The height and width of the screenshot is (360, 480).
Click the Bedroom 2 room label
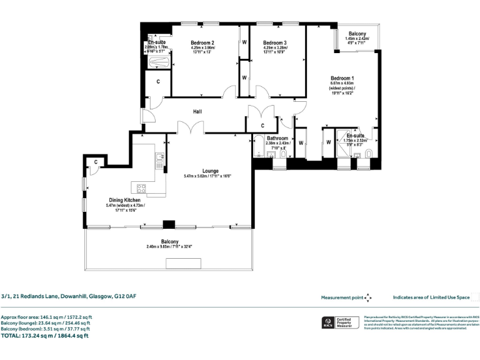click(x=203, y=42)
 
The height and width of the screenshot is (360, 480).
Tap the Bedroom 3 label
click(x=275, y=42)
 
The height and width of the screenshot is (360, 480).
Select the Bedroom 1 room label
click(x=342, y=77)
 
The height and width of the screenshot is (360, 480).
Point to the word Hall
click(x=197, y=112)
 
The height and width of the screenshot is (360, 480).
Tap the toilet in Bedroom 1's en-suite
click(x=369, y=154)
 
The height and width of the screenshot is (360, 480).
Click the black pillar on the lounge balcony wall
click(x=167, y=225)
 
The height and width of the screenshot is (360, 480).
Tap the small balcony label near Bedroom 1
click(x=357, y=34)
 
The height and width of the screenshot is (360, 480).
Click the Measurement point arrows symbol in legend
click(x=368, y=298)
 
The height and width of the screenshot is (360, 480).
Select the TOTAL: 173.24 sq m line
click(x=45, y=336)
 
